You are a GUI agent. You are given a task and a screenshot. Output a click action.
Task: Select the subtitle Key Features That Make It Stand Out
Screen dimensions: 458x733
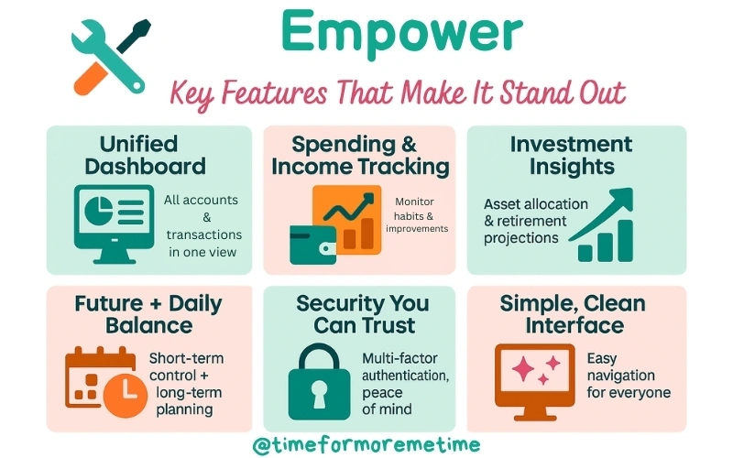pos(399,93)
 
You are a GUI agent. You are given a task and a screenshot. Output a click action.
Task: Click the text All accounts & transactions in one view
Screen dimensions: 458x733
pos(201,225)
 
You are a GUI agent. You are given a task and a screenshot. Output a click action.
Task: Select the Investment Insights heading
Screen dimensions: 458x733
pos(571,156)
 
